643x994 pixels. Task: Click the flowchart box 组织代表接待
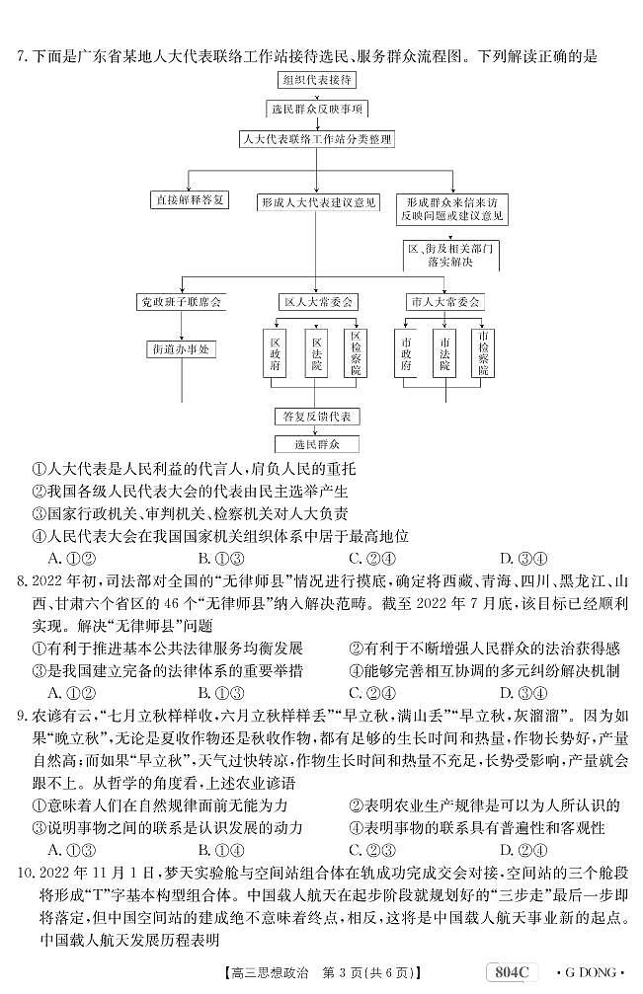click(318, 79)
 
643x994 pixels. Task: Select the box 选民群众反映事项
click(317, 110)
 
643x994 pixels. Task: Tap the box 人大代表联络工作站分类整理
click(317, 139)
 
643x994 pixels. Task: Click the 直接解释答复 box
click(189, 199)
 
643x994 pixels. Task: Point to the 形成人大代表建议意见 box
click(317, 201)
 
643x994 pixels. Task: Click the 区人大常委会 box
click(317, 301)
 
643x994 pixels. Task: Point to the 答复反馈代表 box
click(317, 417)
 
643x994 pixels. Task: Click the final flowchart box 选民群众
click(317, 444)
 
